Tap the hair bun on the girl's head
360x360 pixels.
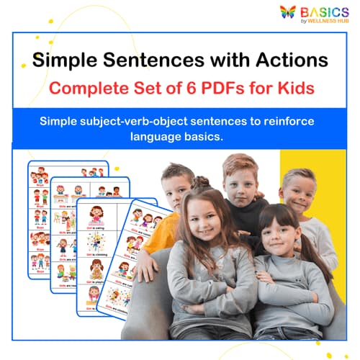tap(200, 181)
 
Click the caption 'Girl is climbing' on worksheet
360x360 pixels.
tap(97, 254)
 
